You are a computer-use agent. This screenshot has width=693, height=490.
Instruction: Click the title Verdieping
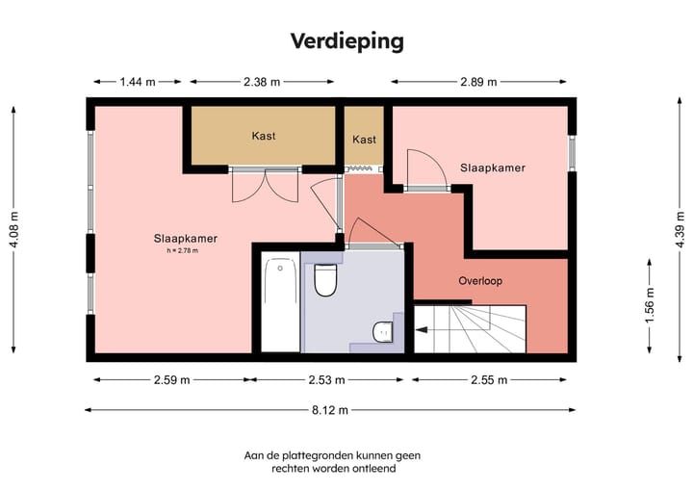[346, 40]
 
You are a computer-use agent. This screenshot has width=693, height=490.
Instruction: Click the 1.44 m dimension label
[138, 82]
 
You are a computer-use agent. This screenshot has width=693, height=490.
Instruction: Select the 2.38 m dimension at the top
[262, 82]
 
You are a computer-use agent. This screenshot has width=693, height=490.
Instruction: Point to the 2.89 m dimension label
[478, 82]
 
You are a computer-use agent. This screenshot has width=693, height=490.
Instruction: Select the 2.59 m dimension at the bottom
[171, 380]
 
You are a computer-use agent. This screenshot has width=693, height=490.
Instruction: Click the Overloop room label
[479, 281]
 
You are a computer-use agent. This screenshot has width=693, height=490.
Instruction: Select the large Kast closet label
[263, 136]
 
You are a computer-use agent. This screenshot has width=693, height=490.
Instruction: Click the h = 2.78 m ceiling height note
[185, 251]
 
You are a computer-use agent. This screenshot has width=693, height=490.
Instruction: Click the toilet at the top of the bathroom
[325, 279]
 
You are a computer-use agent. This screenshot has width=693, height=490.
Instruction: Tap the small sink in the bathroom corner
[383, 330]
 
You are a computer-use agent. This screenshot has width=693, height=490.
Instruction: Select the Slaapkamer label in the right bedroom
[493, 168]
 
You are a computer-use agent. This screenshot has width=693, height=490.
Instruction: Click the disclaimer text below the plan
[332, 461]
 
